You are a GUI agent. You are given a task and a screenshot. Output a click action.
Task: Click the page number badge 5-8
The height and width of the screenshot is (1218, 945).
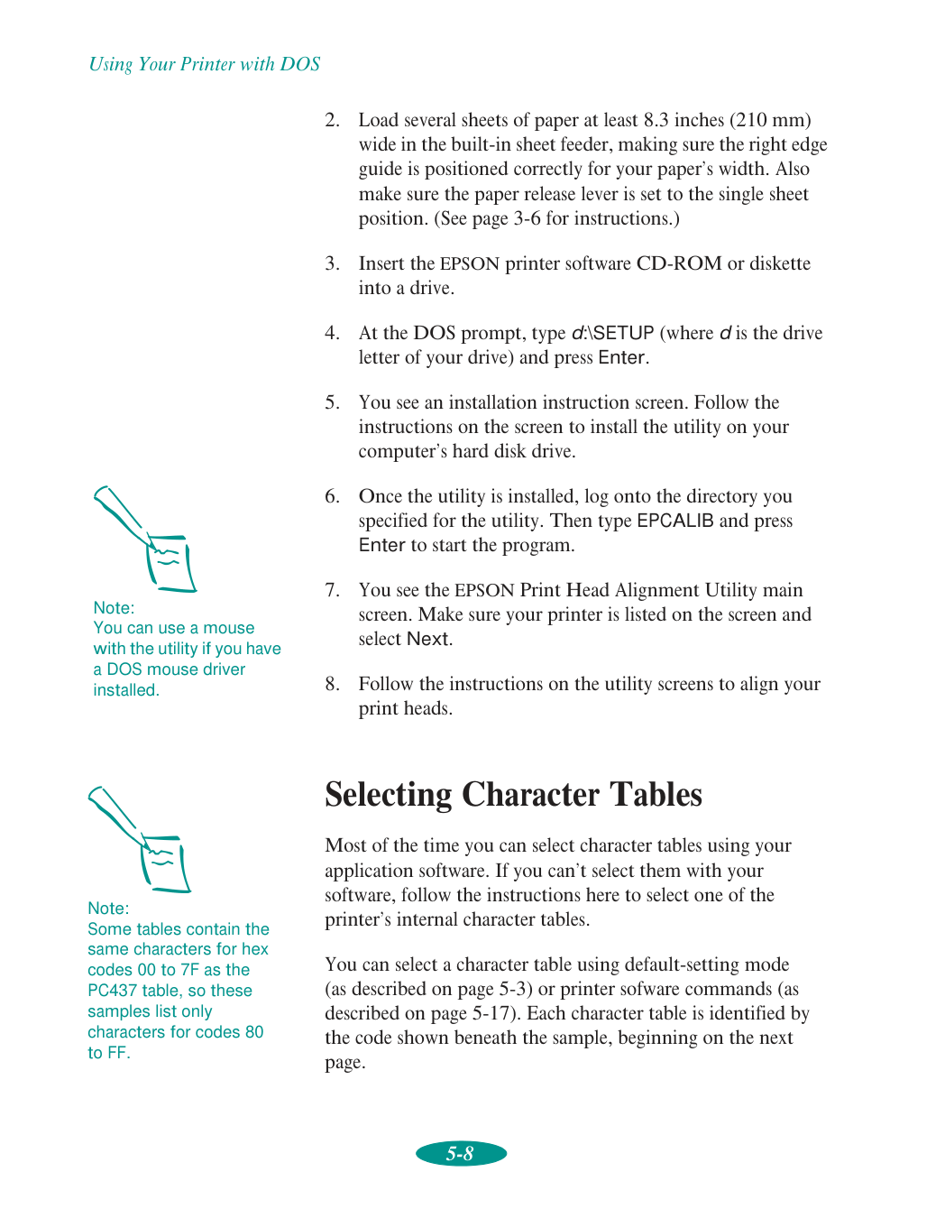click(x=461, y=1153)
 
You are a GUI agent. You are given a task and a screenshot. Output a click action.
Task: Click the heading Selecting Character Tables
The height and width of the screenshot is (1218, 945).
click(x=513, y=795)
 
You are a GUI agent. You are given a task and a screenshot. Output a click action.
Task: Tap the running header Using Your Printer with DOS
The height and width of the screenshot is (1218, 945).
click(x=205, y=64)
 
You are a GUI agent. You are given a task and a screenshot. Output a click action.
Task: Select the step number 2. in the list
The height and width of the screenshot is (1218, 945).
click(x=333, y=120)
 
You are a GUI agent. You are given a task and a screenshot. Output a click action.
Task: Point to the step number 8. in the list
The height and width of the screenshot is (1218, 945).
click(x=333, y=684)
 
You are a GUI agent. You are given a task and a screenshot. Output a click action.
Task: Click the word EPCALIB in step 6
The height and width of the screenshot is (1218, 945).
click(x=674, y=521)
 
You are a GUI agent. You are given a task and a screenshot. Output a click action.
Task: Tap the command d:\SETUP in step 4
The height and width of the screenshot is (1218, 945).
click(x=612, y=333)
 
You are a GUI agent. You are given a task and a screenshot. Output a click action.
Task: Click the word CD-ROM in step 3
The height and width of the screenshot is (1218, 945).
click(x=679, y=263)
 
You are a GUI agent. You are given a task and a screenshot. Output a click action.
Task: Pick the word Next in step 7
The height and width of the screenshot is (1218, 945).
click(x=427, y=639)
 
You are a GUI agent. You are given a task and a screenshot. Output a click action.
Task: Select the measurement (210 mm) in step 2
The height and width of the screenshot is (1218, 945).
click(x=770, y=120)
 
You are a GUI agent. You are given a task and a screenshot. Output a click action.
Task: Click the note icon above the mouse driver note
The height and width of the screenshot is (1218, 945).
click(x=146, y=539)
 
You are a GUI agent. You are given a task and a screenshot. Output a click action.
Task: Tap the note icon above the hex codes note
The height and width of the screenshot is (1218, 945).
click(x=141, y=839)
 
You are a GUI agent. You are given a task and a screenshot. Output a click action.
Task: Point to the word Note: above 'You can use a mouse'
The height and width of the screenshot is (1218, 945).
click(x=114, y=608)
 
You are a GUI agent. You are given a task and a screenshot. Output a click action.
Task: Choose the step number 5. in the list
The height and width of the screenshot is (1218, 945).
click(x=333, y=402)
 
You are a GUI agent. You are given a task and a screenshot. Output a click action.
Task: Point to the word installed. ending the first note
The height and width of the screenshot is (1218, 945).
click(x=126, y=690)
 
